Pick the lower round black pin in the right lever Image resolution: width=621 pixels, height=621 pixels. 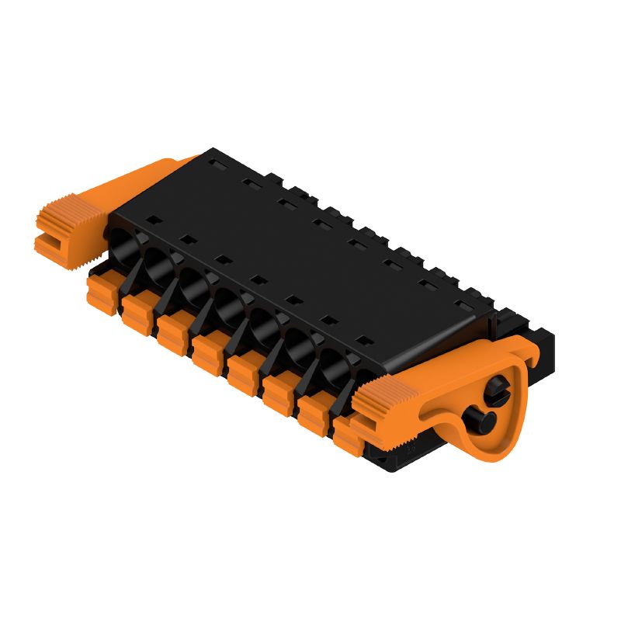479,423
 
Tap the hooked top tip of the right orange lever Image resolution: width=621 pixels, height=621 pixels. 528,354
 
